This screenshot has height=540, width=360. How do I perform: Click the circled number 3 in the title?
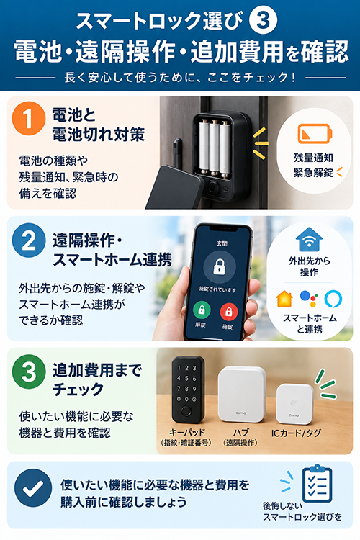pos(264,20)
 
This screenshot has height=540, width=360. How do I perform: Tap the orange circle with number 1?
pos(29,119)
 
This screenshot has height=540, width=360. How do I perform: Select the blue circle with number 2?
pos(29,240)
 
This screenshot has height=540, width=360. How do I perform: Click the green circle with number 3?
pos(29,372)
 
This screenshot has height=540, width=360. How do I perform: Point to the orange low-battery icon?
pos(315,134)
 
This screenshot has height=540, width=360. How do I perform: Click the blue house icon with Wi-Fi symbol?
pos(309,239)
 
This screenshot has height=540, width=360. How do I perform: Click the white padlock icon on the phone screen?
pos(220,266)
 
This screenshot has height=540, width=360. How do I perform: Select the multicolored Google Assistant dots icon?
pos(309,299)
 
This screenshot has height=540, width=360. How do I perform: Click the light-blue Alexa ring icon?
pos(333,299)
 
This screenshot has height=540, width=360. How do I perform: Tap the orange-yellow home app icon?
pos(284,299)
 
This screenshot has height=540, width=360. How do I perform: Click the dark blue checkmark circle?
pos(33,487)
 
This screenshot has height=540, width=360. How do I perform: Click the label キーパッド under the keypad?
pos(186,432)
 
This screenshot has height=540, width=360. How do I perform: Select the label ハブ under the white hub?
pos(240,432)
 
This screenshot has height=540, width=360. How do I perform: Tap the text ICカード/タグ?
pos(296,433)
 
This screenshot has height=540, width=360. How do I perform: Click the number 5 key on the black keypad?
pos(186,378)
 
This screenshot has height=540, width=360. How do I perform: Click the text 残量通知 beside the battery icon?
pos(313,158)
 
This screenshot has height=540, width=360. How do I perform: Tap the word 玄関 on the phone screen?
pos(222,243)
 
